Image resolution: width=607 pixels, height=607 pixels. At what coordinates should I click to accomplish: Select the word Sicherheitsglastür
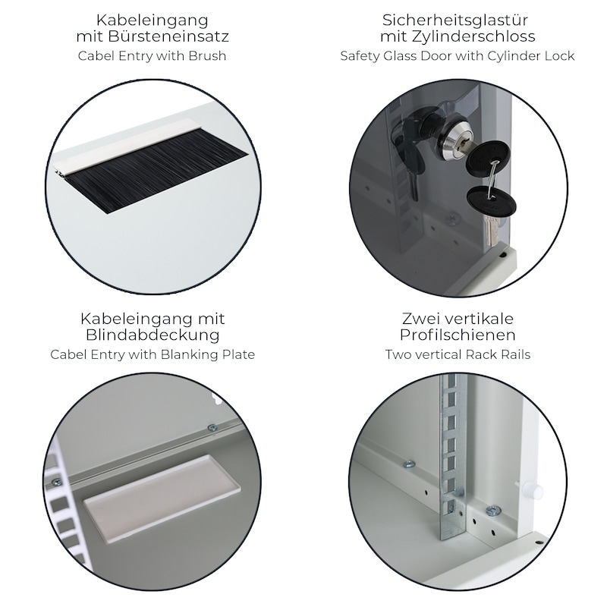click(458, 20)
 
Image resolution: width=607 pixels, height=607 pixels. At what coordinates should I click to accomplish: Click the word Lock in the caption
click(559, 55)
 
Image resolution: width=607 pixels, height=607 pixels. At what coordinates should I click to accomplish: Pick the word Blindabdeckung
click(153, 335)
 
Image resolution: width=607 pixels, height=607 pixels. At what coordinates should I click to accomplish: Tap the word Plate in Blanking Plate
click(238, 354)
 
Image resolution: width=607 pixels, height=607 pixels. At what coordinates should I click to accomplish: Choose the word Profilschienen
click(458, 335)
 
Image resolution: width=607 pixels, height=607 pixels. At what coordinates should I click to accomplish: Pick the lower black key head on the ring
click(492, 203)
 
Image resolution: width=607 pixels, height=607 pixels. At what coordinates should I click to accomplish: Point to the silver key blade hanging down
click(490, 231)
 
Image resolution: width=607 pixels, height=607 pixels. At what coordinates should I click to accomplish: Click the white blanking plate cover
click(161, 498)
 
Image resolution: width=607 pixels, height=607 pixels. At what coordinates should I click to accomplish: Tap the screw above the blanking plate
click(212, 427)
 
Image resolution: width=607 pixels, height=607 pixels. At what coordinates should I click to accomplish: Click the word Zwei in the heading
click(420, 319)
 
